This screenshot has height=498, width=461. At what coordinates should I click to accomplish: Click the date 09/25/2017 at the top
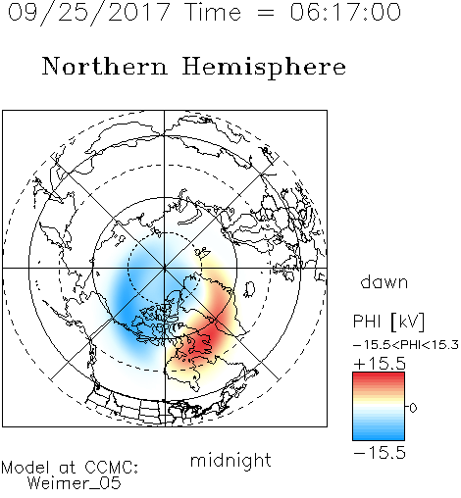(x=89, y=13)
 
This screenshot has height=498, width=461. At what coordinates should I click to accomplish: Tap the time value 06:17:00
(x=345, y=12)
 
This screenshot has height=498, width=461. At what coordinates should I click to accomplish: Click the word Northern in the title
(x=105, y=66)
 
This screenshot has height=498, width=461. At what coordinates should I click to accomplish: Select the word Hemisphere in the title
(x=264, y=68)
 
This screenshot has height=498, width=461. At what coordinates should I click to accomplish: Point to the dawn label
(x=384, y=281)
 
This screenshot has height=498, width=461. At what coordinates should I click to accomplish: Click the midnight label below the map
(x=230, y=461)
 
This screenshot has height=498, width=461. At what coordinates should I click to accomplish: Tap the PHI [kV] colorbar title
(x=388, y=322)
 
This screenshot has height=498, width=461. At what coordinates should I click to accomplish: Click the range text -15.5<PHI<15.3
(x=406, y=345)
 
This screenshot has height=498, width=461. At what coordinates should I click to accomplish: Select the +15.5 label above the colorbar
(x=380, y=364)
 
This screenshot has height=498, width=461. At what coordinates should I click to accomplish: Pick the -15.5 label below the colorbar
(x=380, y=453)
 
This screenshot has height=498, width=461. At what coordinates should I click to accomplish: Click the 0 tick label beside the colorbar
(x=413, y=408)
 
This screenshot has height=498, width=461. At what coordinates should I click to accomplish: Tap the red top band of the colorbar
(x=379, y=376)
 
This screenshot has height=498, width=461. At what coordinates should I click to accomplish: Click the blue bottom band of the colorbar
(x=379, y=436)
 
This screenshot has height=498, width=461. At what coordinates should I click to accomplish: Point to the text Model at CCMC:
(x=70, y=468)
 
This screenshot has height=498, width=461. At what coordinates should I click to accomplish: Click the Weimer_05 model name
(x=75, y=483)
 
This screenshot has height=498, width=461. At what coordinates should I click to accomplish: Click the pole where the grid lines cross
(x=165, y=268)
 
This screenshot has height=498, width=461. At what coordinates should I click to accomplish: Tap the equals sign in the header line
(x=265, y=13)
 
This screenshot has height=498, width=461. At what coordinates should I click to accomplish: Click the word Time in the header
(x=213, y=12)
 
